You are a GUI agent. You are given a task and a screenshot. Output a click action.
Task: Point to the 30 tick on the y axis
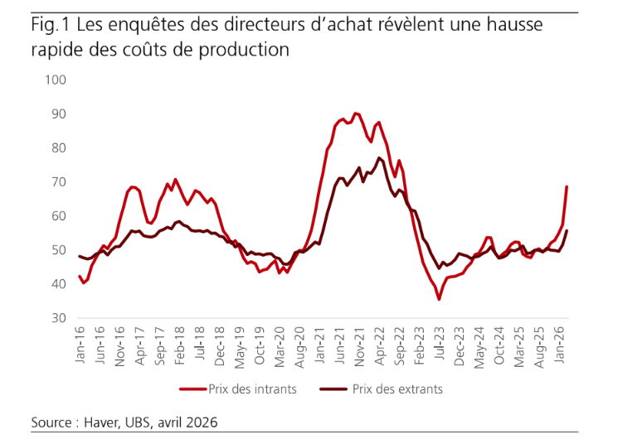point(58,318)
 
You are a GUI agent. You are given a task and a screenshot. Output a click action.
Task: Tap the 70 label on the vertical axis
point(58,181)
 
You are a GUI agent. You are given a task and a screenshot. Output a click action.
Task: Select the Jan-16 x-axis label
point(80,345)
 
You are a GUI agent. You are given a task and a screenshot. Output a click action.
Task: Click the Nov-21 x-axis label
point(357,345)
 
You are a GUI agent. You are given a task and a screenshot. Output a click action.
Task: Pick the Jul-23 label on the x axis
point(438,345)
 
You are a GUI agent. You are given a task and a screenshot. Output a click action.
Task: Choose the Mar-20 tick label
point(280,345)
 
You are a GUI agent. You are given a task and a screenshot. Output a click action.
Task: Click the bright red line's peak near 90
point(356,113)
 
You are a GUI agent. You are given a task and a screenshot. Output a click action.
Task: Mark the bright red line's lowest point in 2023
point(439,299)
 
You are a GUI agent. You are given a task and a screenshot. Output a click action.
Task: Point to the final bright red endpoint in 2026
point(567,186)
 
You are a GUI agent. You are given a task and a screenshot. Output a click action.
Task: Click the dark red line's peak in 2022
point(379,157)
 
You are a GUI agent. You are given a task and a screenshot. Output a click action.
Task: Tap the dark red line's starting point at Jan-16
point(80,256)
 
